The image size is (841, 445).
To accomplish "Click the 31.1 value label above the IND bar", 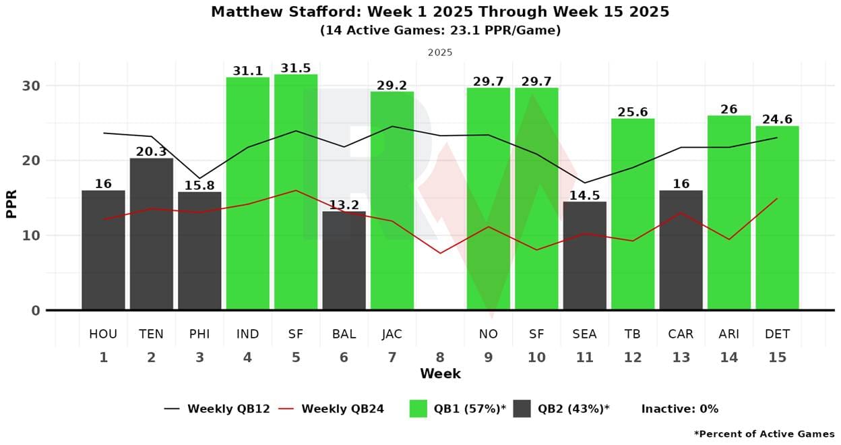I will coord(247,71).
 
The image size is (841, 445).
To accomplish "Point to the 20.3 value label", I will coord(151,152).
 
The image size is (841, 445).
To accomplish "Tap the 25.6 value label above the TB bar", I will coord(633,112).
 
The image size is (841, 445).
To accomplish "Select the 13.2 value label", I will coord(344,205).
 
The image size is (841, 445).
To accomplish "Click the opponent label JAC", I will coord(392,334).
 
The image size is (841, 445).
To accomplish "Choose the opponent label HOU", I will coord(103,334).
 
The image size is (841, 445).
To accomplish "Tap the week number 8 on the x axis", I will coord(440,357).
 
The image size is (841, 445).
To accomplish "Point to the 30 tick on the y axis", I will coord(33,86).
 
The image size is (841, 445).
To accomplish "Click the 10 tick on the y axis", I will coord(33,235).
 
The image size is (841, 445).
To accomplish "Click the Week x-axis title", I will coord(440,374).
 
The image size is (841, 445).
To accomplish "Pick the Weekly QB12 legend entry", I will coord(217,409).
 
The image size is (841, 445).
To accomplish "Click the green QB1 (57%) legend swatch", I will coord(418,409).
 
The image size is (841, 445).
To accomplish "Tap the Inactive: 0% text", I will coord(679,409).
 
